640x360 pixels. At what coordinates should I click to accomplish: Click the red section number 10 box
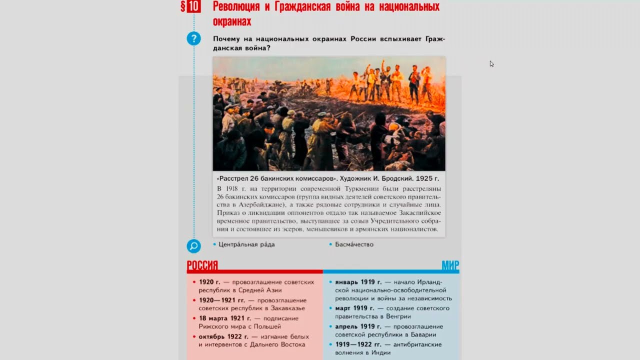click(x=194, y=6)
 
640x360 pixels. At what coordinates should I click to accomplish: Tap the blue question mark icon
click(x=193, y=38)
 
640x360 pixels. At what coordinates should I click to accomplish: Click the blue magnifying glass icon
click(x=193, y=246)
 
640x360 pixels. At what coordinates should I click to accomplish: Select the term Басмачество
click(x=354, y=244)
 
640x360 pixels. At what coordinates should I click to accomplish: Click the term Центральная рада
click(x=246, y=244)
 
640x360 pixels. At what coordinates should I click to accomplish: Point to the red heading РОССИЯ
click(x=202, y=265)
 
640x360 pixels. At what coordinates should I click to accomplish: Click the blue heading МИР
click(x=450, y=265)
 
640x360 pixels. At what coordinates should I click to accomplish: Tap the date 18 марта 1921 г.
click(x=224, y=318)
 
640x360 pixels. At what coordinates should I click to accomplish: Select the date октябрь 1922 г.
click(x=223, y=336)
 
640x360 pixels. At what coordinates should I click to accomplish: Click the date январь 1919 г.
click(x=358, y=282)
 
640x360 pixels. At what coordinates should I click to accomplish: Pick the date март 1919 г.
click(x=354, y=308)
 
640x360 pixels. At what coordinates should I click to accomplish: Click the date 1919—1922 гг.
click(x=358, y=344)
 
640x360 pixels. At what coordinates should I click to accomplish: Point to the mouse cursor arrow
click(x=491, y=63)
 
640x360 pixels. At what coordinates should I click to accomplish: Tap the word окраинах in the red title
click(x=232, y=21)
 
